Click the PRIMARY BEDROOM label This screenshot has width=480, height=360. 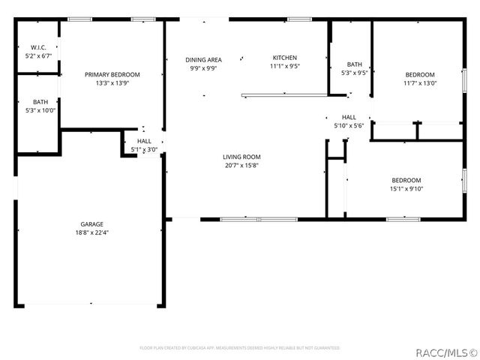tap(112, 74)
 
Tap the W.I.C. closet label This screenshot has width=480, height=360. tap(38, 47)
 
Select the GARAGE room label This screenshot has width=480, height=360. tap(92, 224)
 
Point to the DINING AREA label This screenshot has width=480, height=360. tap(203, 59)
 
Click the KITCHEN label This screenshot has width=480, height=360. tap(285, 58)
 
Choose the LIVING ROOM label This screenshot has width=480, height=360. tap(241, 157)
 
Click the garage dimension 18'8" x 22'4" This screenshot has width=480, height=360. tap(92, 232)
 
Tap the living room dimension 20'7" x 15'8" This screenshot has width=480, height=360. tap(241, 165)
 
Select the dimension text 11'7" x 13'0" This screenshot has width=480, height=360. tap(420, 83)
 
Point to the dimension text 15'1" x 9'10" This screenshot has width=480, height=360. tap(406, 188)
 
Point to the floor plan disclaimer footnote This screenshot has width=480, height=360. tap(240, 348)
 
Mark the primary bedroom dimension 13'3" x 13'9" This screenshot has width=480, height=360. tap(112, 83)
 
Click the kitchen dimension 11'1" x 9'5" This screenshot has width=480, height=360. tap(285, 66)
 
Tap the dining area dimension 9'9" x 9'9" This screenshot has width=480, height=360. tap(203, 68)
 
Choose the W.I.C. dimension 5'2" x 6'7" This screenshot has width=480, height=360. tap(38, 55)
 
